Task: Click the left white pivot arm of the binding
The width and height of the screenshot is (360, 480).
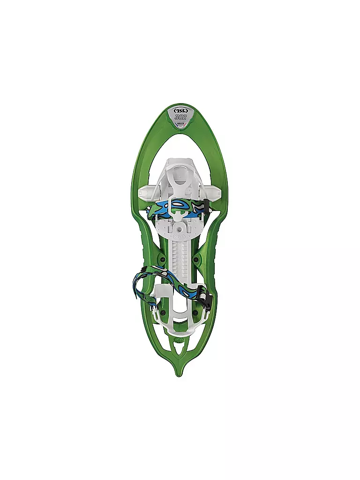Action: pyautogui.click(x=146, y=192)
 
